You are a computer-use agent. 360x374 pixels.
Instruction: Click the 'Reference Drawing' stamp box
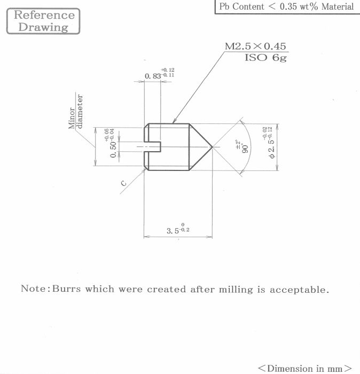[43, 21]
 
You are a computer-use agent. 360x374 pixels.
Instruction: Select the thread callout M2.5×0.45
[255, 46]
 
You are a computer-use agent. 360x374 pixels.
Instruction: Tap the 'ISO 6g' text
[265, 58]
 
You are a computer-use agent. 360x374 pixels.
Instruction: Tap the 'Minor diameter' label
[76, 112]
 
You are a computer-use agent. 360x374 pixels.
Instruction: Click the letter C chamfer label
[123, 183]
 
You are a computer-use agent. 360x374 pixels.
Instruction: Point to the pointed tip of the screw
[212, 147]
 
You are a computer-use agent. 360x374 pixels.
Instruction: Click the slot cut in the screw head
[153, 147]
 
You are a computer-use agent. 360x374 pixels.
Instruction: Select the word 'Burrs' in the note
[66, 289]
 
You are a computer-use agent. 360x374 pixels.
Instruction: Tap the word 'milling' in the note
[236, 290]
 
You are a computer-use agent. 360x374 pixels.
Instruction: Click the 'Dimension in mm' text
[305, 368]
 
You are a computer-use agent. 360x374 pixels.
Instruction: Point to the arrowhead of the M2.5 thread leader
[174, 122]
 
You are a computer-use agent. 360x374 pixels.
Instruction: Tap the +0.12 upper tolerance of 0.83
[168, 70]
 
